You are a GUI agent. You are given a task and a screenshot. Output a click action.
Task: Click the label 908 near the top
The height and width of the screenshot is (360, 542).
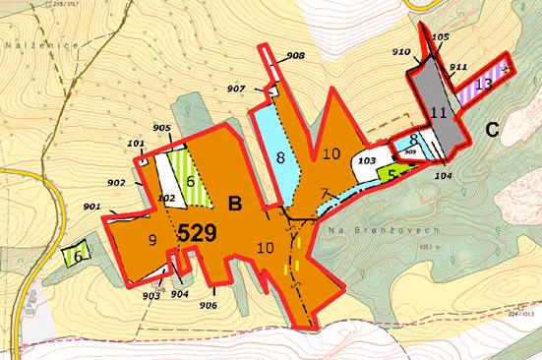pos(296,56)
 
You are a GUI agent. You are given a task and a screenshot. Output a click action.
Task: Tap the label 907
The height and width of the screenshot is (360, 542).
pos(236,90)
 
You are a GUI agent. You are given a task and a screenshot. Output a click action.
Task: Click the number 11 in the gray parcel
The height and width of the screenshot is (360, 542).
pos(439,113)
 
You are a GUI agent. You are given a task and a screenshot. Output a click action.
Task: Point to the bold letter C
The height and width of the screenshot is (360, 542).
pos(493,127)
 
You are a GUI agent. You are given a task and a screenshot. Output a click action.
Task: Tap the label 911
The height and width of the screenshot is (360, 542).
pos(458,67)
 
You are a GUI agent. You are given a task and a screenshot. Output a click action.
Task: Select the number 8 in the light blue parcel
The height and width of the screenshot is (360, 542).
pos(280,156)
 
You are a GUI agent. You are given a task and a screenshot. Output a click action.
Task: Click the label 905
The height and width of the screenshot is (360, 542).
pos(162,129)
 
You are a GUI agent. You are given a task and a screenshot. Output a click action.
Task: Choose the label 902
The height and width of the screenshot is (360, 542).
pos(116,183)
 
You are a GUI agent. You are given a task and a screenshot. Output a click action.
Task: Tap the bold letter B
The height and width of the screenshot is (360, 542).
pos(234,204)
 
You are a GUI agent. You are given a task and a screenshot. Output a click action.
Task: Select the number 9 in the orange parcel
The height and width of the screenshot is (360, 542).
pos(151,239)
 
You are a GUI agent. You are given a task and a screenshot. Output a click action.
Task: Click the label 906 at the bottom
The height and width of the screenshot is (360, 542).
pos(208,304)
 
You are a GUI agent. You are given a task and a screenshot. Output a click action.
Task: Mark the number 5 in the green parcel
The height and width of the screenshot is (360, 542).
pos(391,172)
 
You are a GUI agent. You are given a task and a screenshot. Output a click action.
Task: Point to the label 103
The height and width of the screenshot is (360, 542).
pos(366,159)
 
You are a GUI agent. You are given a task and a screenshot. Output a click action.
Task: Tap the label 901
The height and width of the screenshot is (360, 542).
pos(93,207)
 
